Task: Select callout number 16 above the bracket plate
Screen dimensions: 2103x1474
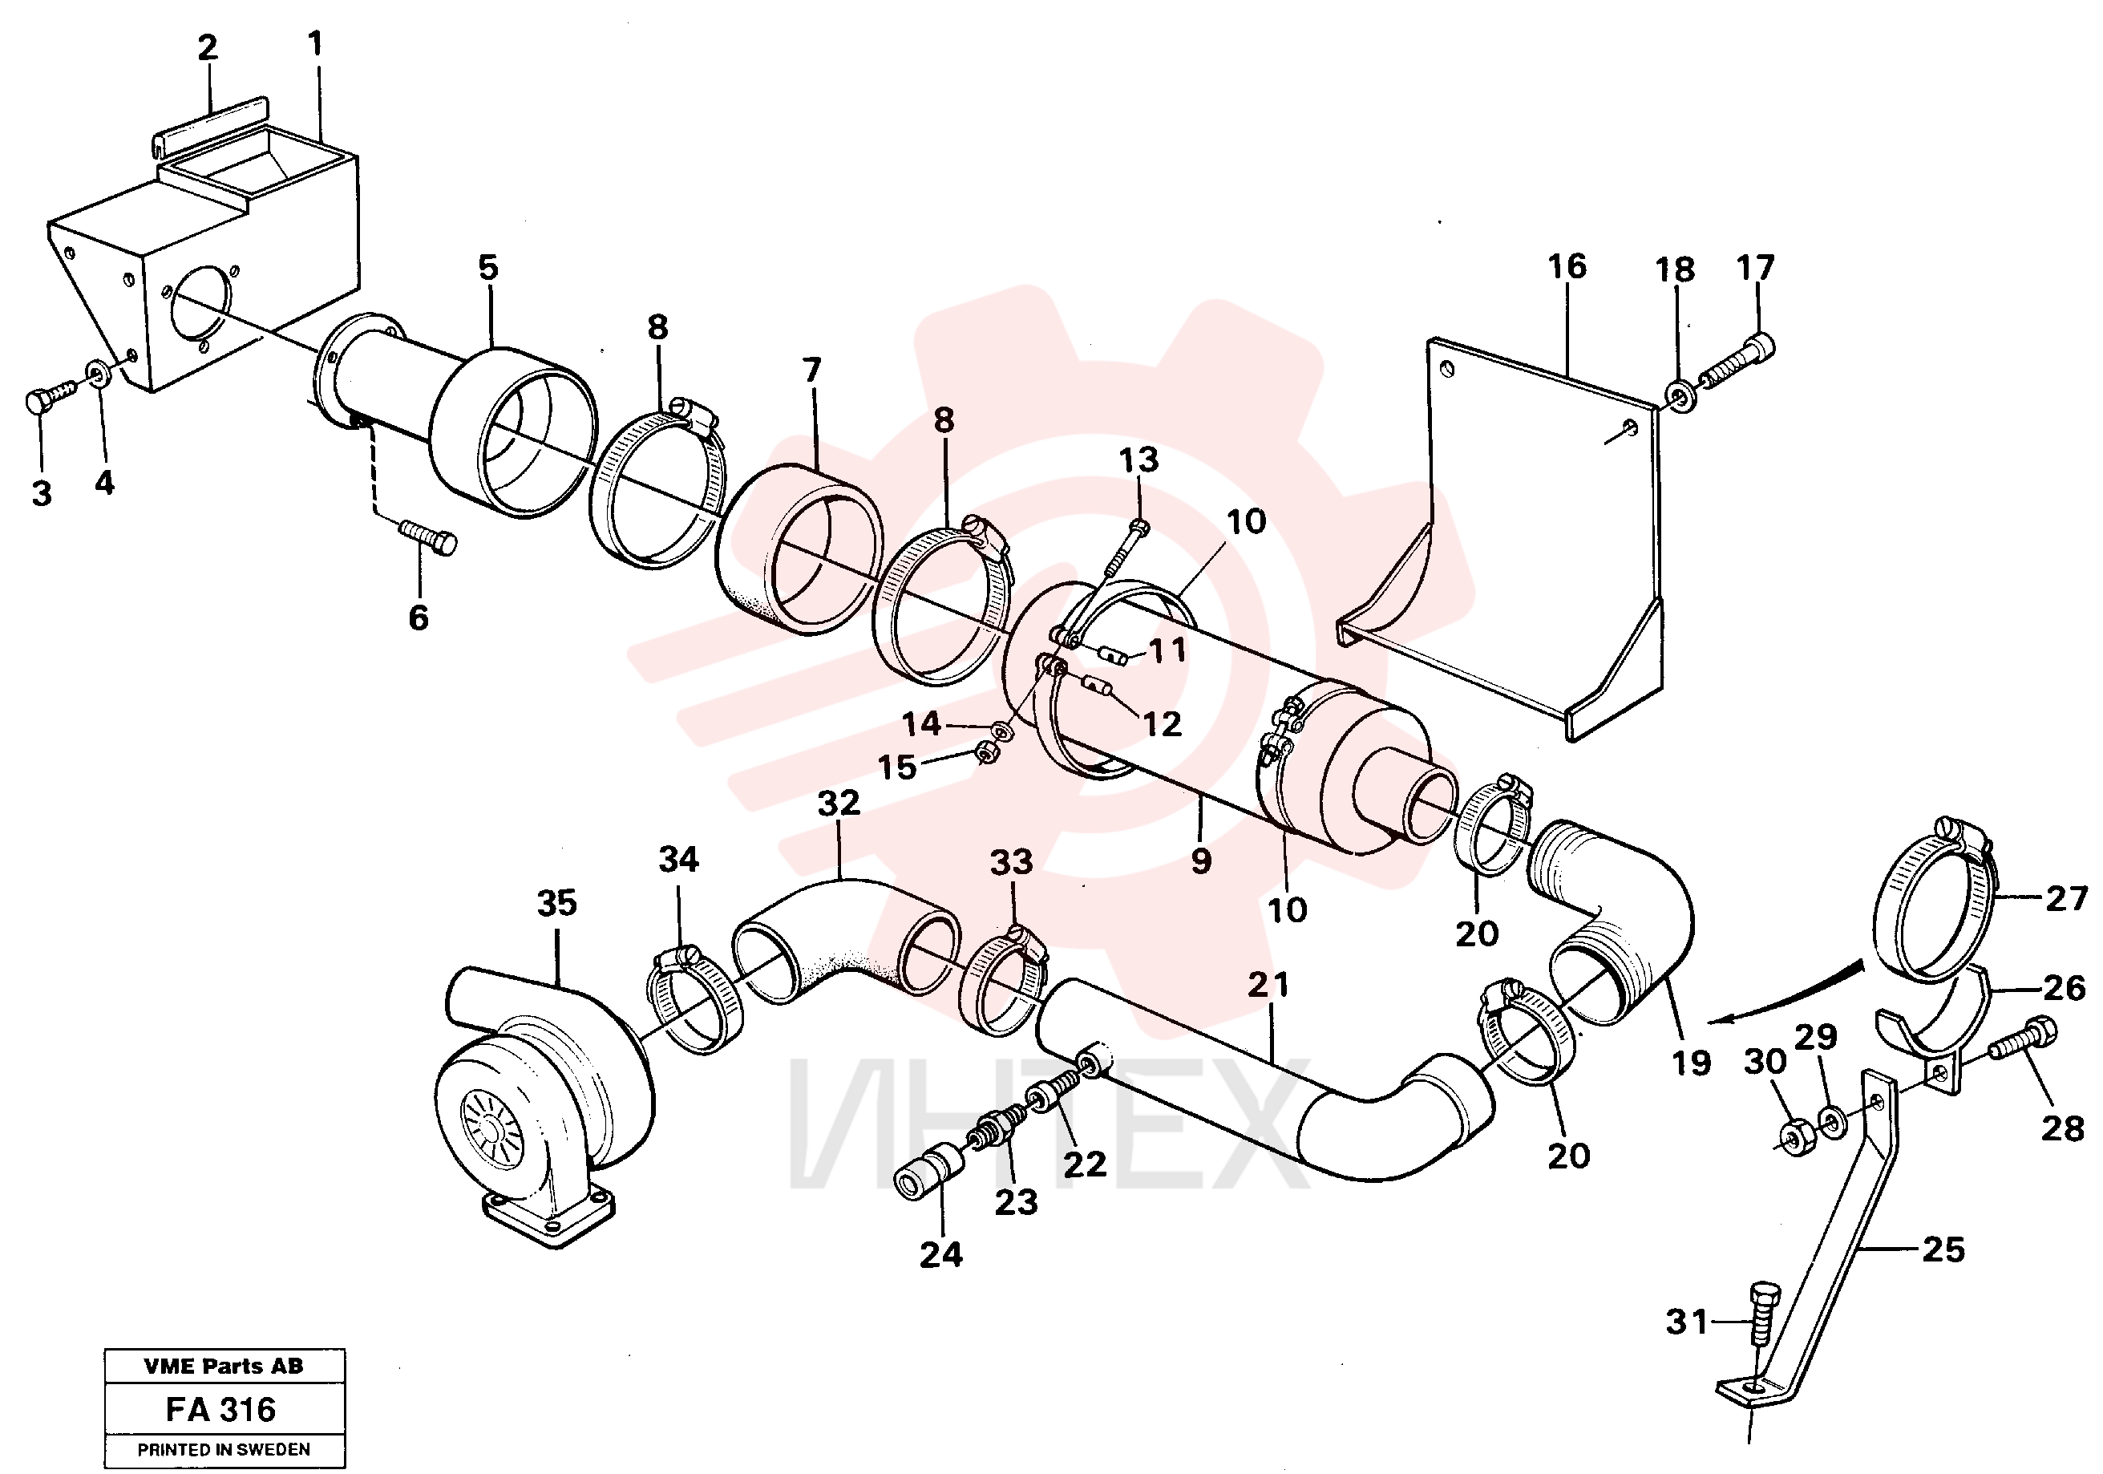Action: [1567, 266]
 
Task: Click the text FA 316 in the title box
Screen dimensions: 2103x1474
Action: [220, 1409]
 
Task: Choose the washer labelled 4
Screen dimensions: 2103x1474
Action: [96, 372]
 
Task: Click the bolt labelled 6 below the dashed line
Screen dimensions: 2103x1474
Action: [428, 536]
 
